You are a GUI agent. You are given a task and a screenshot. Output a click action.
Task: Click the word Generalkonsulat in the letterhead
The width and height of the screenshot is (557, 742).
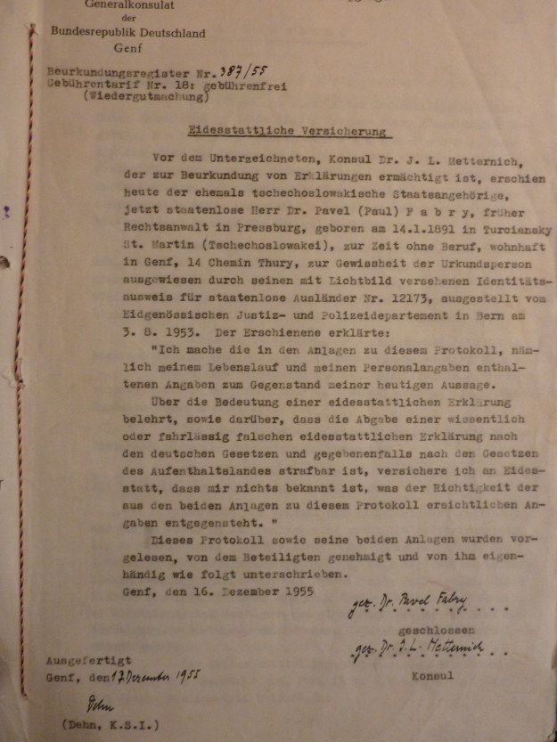tap(127, 4)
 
